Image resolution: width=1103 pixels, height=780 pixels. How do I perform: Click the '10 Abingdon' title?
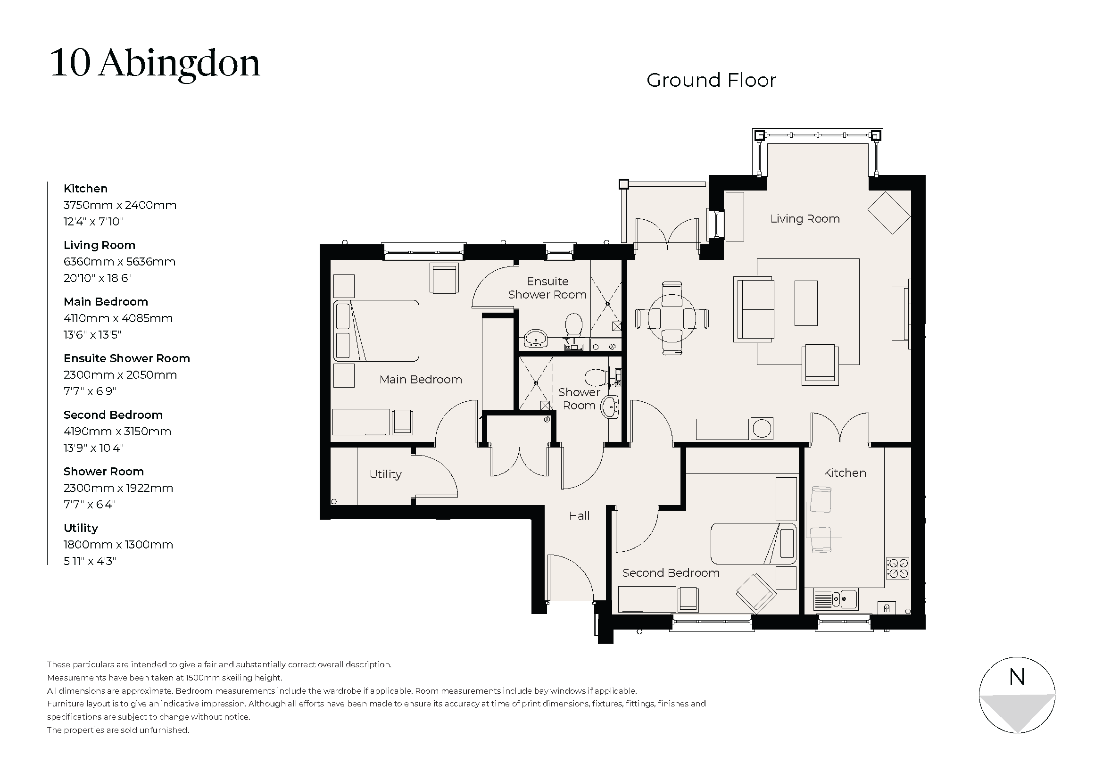(155, 63)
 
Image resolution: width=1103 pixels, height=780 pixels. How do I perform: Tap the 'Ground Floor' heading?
(711, 80)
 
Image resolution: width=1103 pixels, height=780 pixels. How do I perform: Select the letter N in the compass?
(1017, 677)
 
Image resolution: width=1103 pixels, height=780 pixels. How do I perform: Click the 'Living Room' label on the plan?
(804, 219)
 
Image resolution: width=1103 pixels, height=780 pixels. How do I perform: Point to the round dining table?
(671, 318)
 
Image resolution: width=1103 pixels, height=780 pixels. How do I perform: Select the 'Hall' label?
(579, 516)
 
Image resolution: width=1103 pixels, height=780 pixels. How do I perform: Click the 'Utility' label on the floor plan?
(385, 474)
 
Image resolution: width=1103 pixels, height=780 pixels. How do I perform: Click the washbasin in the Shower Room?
(611, 408)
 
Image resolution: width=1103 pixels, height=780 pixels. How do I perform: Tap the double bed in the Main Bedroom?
(376, 331)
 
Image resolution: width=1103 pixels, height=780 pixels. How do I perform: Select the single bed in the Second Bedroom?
(753, 544)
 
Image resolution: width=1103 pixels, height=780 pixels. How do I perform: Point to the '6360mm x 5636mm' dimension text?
(119, 262)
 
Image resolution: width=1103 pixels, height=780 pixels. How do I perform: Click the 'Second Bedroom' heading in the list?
(113, 415)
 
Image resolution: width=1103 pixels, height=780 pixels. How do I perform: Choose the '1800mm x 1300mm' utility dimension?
(118, 545)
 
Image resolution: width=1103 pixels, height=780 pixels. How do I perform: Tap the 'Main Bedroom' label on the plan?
(420, 380)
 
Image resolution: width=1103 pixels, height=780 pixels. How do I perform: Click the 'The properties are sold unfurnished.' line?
(118, 730)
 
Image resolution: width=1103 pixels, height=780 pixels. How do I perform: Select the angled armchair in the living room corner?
(889, 213)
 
